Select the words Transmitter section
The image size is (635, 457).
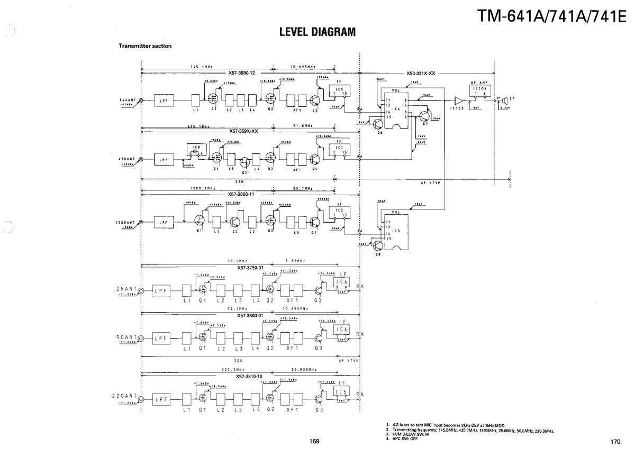144,46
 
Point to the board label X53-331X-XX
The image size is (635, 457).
421,74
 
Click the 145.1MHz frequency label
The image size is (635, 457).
201,67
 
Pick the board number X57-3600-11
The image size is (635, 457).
242,194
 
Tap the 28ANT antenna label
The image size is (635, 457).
126,289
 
